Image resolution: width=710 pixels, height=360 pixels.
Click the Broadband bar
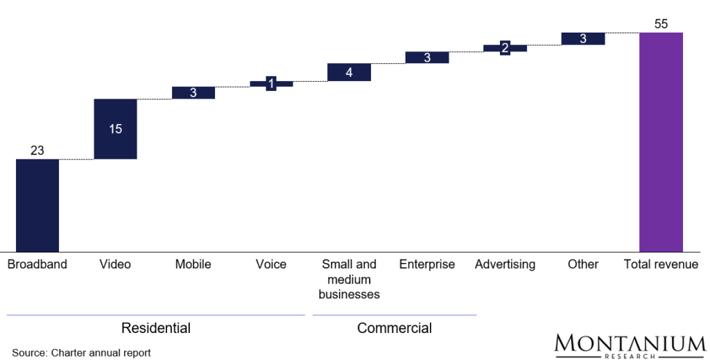(x=37, y=205)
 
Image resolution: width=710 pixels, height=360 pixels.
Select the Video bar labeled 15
(x=115, y=129)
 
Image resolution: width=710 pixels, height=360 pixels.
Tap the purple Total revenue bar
(x=661, y=142)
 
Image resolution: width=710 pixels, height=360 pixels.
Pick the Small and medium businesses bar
(x=349, y=72)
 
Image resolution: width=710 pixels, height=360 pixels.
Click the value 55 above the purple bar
(x=661, y=24)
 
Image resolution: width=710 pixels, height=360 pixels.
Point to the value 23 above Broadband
(x=37, y=151)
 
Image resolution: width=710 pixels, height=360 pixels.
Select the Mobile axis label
(x=193, y=264)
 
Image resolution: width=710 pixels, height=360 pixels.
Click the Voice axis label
(x=271, y=264)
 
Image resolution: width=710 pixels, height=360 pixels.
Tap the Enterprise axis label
(x=427, y=264)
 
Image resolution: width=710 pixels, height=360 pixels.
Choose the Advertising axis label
(x=505, y=264)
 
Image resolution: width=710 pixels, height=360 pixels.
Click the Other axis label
(x=582, y=264)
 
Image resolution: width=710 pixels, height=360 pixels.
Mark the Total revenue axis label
(x=661, y=264)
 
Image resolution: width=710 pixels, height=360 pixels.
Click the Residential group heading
(x=155, y=328)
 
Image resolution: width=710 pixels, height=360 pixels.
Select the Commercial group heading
(x=395, y=328)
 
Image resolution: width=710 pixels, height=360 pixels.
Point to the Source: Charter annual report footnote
(x=81, y=353)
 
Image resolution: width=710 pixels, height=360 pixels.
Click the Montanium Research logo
(x=630, y=345)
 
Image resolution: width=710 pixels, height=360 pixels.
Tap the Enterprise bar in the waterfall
(x=427, y=58)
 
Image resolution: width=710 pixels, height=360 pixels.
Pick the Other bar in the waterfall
(x=582, y=39)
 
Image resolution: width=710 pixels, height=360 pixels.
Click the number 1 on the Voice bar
(x=271, y=84)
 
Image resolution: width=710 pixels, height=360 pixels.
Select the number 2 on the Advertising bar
(x=505, y=48)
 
